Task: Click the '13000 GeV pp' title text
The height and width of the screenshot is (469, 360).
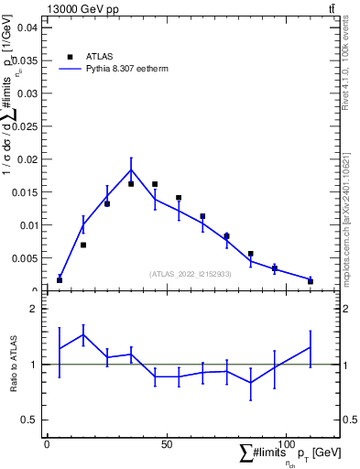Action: pos(82,8)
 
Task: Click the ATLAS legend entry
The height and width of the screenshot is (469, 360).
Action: pos(101,56)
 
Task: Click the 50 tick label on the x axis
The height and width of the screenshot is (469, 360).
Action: pos(167,444)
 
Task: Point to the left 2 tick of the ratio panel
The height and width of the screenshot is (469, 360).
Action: pos(32,309)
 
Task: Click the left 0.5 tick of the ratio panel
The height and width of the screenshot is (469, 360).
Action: pos(28,420)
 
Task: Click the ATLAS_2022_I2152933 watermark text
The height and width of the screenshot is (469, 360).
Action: pos(191,274)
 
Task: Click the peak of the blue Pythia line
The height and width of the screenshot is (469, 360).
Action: pos(131,169)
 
